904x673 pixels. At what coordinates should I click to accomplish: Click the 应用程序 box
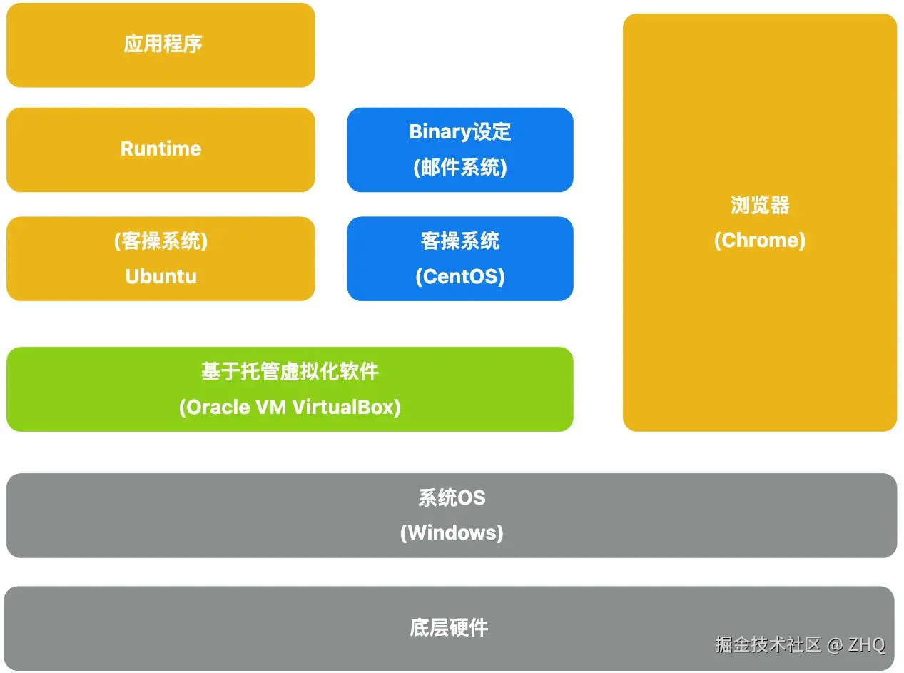pos(161,44)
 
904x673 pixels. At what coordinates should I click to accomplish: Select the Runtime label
pos(161,148)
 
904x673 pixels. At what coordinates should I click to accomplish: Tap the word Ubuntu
pos(161,276)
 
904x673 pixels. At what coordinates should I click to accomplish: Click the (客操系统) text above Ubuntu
pos(161,241)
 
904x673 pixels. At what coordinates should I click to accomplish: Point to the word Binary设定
pos(460,132)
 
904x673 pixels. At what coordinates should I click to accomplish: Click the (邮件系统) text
pos(460,168)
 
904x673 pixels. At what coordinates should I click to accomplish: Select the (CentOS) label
pos(460,276)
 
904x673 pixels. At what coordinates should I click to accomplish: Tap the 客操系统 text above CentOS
pos(460,241)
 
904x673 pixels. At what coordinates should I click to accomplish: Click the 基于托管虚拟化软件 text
pos(290,371)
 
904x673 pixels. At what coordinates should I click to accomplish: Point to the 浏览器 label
pos(760,206)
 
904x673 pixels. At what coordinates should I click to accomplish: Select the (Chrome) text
pos(760,240)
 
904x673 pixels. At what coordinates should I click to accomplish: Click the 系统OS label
pos(452,497)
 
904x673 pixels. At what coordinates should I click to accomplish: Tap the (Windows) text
pos(452,532)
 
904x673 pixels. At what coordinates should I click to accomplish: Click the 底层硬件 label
pos(449,628)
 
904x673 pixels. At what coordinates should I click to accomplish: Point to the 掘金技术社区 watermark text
pos(768,644)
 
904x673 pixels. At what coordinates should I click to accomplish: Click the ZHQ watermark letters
pos(867,644)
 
